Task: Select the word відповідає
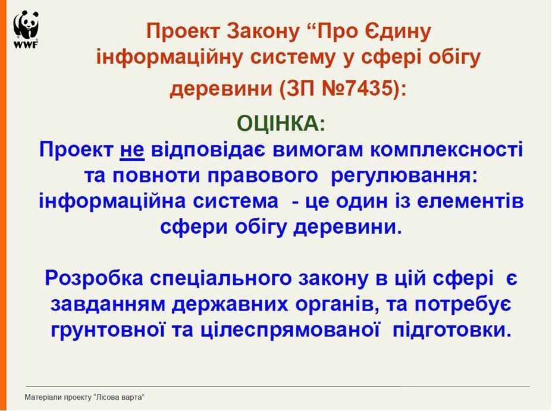coord(208,150)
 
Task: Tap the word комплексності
coord(447,150)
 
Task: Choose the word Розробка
coord(94,278)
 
